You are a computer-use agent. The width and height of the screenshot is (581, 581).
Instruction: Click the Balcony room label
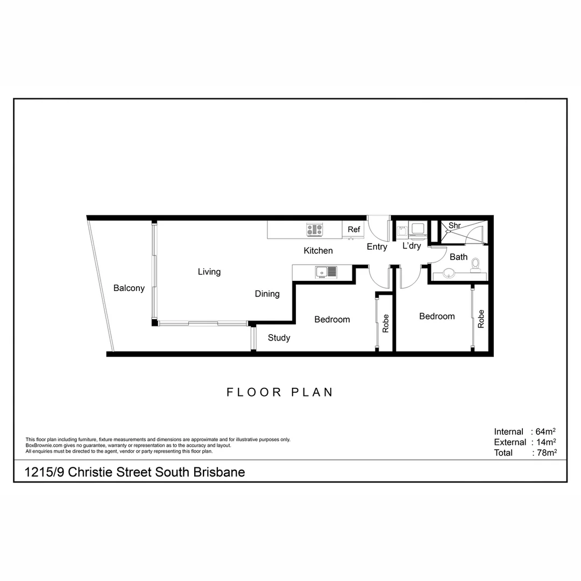[129, 288]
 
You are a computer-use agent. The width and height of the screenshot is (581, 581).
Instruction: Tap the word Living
[209, 272]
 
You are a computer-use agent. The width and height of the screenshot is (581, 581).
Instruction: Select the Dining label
[267, 294]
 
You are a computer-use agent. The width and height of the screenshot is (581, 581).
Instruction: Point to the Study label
[279, 338]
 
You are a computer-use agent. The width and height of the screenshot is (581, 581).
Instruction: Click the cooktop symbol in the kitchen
[315, 230]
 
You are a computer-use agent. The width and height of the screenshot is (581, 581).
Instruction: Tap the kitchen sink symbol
[325, 272]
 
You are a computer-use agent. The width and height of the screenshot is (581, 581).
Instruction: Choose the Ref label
[353, 230]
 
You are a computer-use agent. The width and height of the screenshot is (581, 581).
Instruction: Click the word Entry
[377, 247]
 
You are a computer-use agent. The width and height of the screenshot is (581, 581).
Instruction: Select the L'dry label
[412, 246]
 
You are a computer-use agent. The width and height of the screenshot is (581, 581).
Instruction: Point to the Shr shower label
[454, 226]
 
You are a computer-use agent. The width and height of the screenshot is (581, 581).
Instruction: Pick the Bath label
[458, 257]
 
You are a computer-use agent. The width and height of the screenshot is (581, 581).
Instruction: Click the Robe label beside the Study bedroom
[386, 323]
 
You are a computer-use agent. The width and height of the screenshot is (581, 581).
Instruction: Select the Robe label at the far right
[481, 319]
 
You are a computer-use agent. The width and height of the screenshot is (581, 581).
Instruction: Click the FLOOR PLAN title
[280, 392]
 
